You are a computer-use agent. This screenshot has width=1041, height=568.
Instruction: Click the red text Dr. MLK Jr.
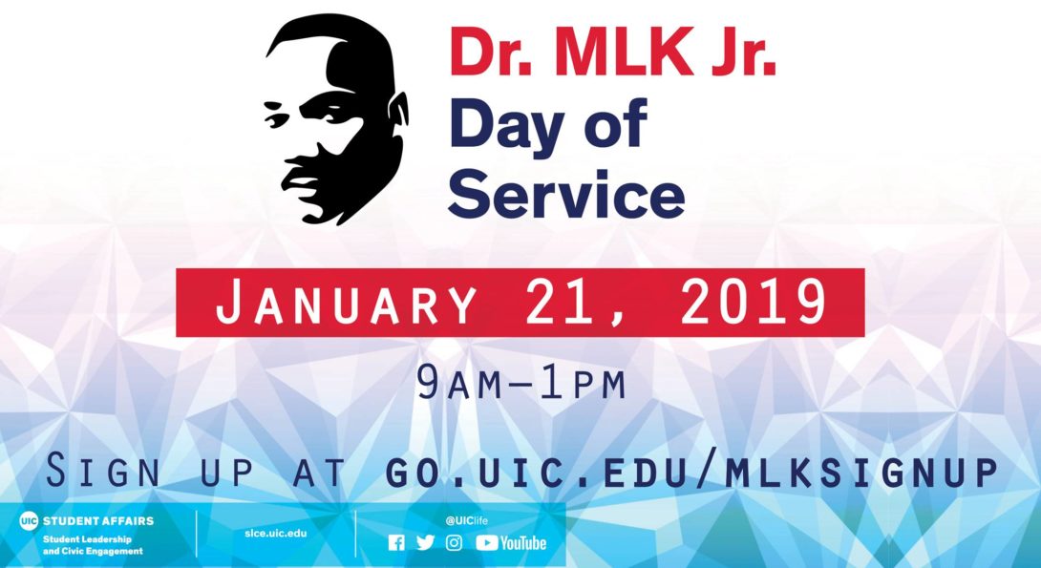coord(613,53)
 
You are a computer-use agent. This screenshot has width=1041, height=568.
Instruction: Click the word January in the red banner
coord(346,304)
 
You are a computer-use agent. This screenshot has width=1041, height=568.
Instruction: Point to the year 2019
coord(754,302)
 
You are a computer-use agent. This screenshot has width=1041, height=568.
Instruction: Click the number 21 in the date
coord(559,304)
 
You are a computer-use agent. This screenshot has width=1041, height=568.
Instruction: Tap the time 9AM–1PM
coord(521,383)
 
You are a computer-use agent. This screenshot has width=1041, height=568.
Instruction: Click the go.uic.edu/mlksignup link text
coord(691,472)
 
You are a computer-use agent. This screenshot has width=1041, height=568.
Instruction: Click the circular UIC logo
coord(30,521)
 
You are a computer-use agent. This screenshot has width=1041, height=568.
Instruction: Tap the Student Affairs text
coord(98,521)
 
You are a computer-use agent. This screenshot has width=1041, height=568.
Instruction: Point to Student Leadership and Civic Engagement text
coord(93,545)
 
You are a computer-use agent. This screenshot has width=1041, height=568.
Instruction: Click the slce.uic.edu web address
coord(275,533)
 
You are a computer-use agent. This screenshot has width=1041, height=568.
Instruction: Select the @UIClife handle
coord(466,521)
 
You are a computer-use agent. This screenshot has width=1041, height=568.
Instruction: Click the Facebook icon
coord(396,543)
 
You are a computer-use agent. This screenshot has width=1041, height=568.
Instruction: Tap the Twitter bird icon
coord(426,543)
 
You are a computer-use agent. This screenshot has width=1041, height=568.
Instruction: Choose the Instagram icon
coord(454,543)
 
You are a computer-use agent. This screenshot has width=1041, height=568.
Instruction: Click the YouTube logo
coord(511,543)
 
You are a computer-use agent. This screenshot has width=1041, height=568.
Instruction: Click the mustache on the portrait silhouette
coord(303,165)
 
